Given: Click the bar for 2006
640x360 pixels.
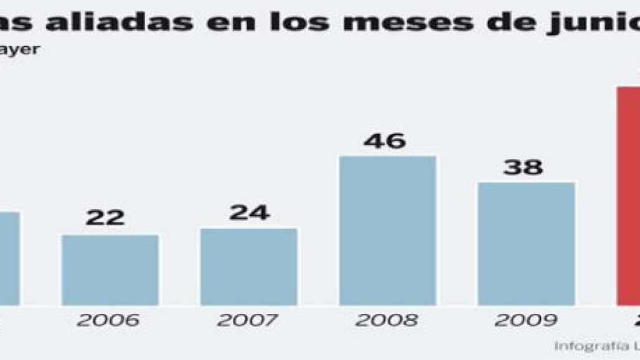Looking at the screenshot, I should click(x=110, y=270).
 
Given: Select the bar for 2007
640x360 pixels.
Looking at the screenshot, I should click(x=248, y=267).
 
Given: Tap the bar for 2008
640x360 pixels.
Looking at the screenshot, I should click(x=387, y=230).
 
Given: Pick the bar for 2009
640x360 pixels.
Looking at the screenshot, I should click(x=526, y=244).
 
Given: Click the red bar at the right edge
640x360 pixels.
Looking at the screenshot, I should click(x=628, y=196).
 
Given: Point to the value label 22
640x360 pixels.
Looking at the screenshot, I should click(x=105, y=218).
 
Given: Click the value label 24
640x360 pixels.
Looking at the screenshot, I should click(x=249, y=212).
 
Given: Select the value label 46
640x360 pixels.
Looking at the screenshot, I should click(x=385, y=141).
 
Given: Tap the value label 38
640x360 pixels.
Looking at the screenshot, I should click(x=523, y=167).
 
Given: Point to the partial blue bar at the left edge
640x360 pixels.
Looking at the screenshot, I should click(x=9, y=258).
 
